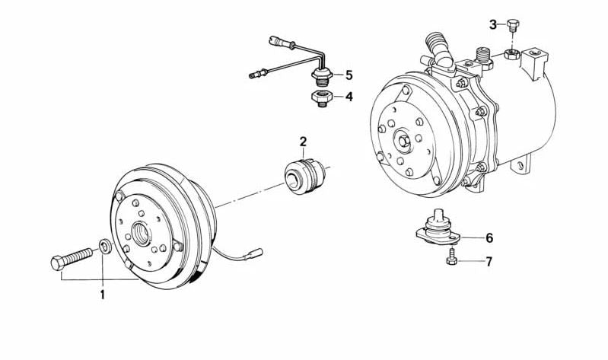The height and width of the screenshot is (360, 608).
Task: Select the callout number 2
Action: pyautogui.click(x=302, y=141)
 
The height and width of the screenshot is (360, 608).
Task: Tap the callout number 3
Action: pyautogui.click(x=492, y=24)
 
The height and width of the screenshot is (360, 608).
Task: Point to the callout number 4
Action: pyautogui.click(x=349, y=97)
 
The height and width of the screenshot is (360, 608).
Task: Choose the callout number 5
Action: pyautogui.click(x=349, y=75)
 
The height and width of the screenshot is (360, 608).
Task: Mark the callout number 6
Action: pyautogui.click(x=489, y=237)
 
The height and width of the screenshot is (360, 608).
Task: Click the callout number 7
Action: pyautogui.click(x=489, y=262)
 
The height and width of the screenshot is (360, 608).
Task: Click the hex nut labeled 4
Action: pyautogui.click(x=320, y=99)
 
